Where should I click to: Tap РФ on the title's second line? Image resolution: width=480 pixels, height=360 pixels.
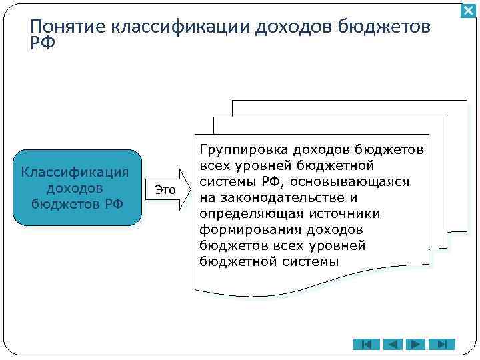43,43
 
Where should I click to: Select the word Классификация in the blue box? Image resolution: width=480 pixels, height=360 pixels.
75,172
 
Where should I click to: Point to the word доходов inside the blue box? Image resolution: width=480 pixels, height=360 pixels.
75,188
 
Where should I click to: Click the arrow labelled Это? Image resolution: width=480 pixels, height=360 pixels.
167,189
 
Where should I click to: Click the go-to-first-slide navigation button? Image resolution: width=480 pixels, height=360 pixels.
366,344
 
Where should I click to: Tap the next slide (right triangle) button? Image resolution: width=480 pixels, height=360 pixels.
415,344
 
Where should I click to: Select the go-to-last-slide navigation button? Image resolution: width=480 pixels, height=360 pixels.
441,344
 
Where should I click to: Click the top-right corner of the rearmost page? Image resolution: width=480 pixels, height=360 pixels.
466,101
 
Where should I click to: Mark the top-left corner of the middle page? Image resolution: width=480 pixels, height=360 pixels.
213,118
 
